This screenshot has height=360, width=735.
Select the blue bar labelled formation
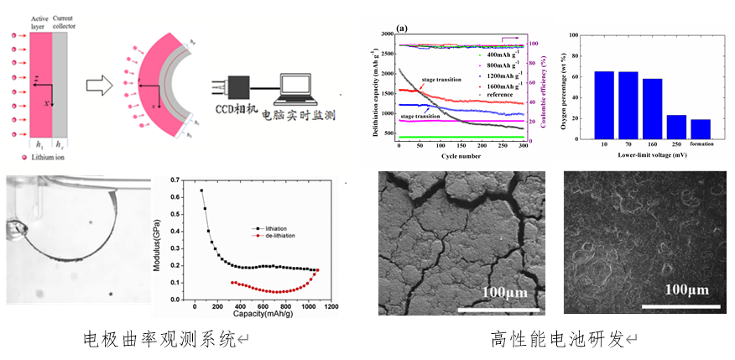[701, 128]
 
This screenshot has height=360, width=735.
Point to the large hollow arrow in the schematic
[100, 83]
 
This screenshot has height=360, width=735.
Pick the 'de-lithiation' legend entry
[275, 237]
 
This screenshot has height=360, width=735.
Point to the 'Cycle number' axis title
[460, 154]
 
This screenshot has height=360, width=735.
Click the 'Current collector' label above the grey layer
[65, 22]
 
